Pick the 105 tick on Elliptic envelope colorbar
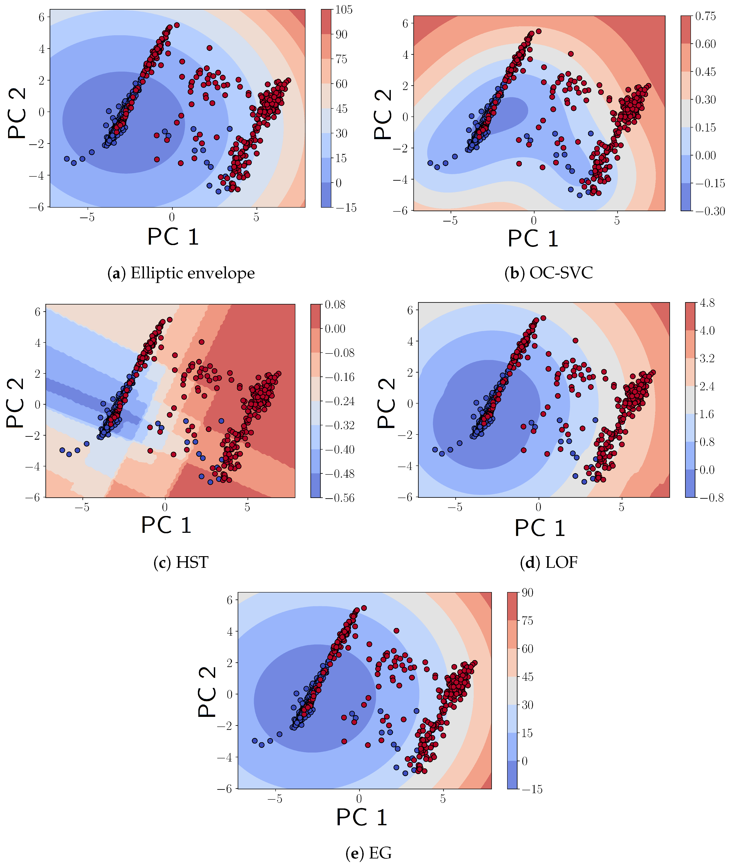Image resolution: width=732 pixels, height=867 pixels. pyautogui.click(x=344, y=9)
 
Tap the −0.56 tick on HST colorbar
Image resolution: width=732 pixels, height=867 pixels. pyautogui.click(x=339, y=498)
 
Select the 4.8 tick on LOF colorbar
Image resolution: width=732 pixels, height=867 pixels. pyautogui.click(x=707, y=303)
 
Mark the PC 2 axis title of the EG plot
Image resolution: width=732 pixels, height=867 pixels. pyautogui.click(x=207, y=692)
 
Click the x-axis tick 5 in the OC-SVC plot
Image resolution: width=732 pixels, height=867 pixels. pyautogui.click(x=617, y=221)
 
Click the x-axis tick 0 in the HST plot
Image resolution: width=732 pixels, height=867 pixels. pyautogui.click(x=165, y=507)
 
